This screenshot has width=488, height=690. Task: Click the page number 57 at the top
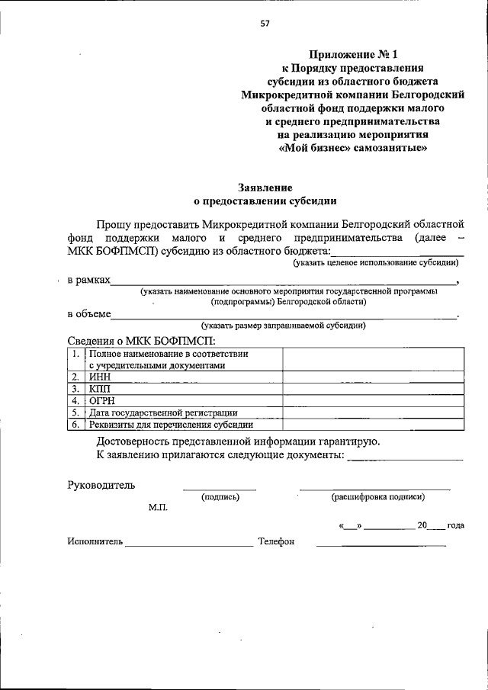click(265, 23)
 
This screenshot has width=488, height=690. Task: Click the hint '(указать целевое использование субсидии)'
click(377, 262)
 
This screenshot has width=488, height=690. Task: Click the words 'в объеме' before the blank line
click(89, 313)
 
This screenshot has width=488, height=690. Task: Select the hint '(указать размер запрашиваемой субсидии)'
click(278, 326)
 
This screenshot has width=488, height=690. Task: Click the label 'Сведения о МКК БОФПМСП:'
click(141, 339)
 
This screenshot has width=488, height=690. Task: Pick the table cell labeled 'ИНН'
click(183, 377)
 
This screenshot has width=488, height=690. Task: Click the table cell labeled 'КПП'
click(183, 388)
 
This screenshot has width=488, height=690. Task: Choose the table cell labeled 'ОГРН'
click(183, 400)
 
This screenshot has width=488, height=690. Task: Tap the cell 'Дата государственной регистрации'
click(183, 412)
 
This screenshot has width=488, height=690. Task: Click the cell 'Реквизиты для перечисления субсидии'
click(183, 425)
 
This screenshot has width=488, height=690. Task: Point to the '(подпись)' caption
click(220, 497)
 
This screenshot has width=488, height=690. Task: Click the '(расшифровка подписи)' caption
click(377, 497)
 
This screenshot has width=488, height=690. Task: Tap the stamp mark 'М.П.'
click(158, 508)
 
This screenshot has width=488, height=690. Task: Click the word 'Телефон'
click(276, 541)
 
